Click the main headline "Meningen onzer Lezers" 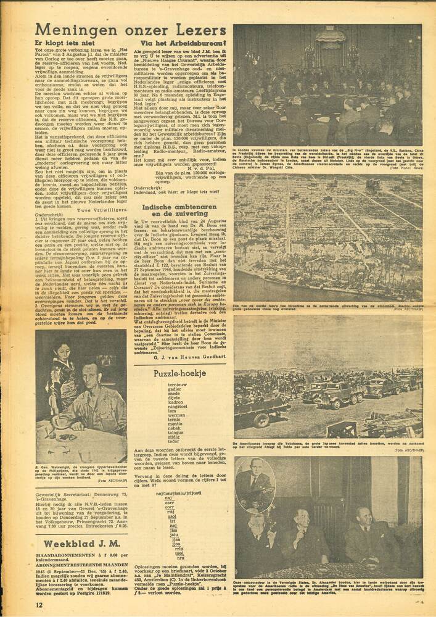[x=130, y=30]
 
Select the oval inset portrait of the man [x=254, y=486]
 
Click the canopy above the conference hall [x=330, y=37]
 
